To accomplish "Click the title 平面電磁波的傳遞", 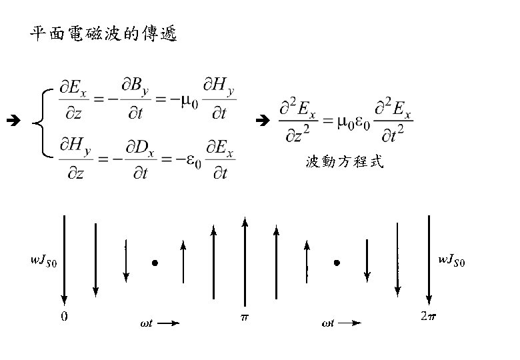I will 103,34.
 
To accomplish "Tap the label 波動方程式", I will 345,162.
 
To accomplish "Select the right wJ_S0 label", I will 451,261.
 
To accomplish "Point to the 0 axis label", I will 64,316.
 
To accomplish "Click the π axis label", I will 245,316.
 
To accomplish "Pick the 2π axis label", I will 429,316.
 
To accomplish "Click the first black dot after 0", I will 155,263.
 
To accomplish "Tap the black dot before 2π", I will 337,263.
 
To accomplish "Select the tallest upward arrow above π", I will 245,260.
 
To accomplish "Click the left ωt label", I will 146,325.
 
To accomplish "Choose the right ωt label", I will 329,325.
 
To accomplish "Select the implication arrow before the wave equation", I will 262,121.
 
